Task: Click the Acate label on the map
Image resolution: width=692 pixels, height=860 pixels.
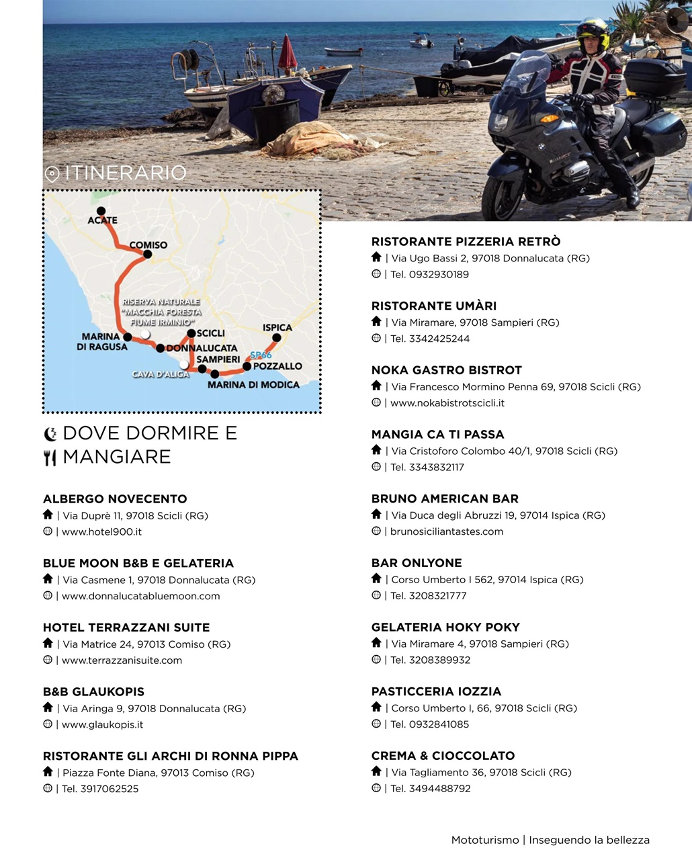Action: point(102,220)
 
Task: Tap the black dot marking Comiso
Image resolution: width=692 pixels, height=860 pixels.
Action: point(148,254)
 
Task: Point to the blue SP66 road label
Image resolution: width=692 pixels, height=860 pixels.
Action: point(261,355)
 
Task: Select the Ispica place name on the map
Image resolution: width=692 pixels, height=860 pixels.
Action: point(277,328)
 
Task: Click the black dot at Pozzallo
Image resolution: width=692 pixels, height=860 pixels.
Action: point(247,366)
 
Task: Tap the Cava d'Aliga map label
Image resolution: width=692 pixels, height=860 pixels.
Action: point(161,374)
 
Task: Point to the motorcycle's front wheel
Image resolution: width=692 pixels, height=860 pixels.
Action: point(501,195)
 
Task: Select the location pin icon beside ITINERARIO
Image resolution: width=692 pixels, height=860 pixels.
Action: point(52,174)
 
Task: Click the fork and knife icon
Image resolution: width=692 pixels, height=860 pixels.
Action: point(50,458)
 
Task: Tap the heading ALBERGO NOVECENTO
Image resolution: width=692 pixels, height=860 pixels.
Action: point(115,499)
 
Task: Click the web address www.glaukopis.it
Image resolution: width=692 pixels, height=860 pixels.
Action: point(102,725)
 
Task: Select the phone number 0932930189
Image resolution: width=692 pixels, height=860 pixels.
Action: point(439,275)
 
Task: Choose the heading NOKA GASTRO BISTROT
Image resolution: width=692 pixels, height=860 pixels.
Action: point(447,370)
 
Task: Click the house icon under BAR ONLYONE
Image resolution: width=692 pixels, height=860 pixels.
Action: point(376,578)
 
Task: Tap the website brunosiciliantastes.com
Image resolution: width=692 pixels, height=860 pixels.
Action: point(446,531)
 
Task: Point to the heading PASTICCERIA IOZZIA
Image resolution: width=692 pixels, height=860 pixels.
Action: point(436,692)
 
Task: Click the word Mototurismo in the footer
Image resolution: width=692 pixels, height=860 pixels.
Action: point(485,841)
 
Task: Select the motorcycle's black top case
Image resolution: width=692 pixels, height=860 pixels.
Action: point(654,77)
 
